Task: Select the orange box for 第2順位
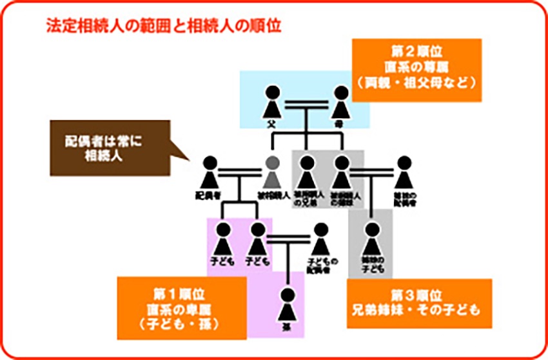(416, 70)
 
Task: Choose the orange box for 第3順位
(418, 303)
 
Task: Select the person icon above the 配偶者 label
(210, 172)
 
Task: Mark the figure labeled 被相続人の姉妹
(342, 172)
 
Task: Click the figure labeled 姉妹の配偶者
(403, 172)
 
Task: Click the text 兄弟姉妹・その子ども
(418, 310)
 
